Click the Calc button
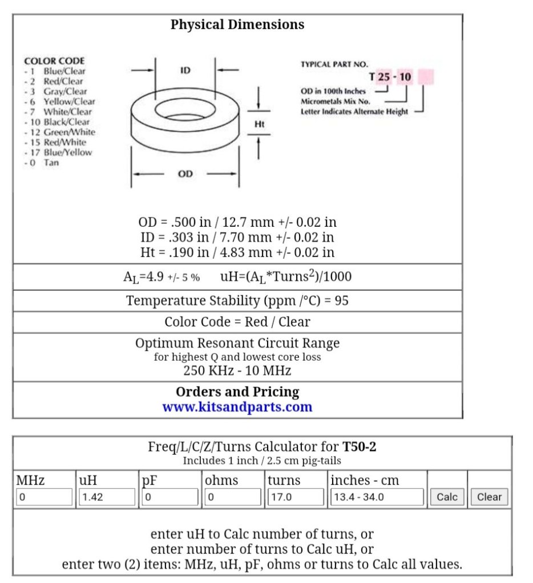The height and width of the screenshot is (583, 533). coord(447,496)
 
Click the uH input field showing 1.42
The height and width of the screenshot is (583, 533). coord(107,497)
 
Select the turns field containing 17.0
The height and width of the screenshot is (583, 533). coord(296,497)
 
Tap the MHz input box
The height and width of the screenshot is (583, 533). coord(45,497)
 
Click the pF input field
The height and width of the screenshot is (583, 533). coord(169,497)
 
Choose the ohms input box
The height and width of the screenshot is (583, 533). coord(233,497)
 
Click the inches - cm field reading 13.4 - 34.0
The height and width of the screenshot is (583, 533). coord(377,497)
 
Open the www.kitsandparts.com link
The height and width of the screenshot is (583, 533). coord(237,407)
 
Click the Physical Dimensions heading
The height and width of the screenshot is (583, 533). coord(237,25)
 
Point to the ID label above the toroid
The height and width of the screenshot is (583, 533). coord(185,71)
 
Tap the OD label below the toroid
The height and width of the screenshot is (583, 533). coord(185,174)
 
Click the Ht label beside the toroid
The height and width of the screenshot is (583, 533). coord(259,124)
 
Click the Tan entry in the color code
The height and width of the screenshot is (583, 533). coord(51,162)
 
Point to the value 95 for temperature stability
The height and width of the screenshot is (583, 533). coord(341,300)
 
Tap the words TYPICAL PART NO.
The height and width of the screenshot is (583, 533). coord(334,64)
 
